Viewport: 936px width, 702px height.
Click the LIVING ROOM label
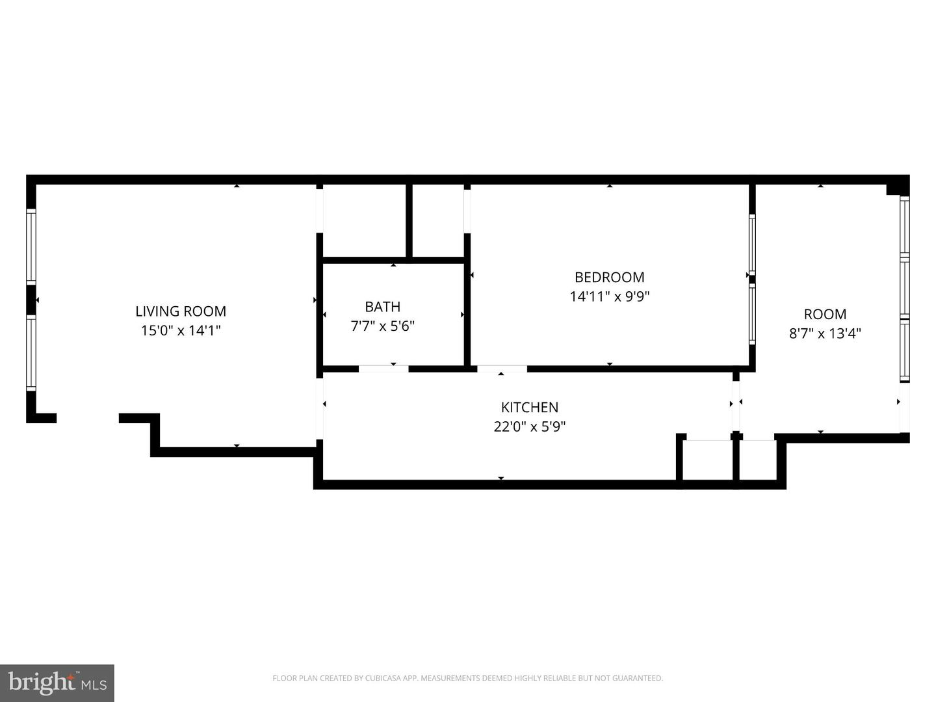[181, 311]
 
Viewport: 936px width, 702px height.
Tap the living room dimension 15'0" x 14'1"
[181, 331]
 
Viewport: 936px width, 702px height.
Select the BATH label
[382, 307]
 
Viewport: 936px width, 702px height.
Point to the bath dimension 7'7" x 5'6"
[382, 326]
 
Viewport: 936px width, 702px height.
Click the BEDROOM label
[609, 278]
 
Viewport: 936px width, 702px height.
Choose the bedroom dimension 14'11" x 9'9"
[609, 297]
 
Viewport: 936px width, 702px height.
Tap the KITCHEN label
[529, 408]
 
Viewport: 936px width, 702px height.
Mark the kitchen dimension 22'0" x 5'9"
[529, 427]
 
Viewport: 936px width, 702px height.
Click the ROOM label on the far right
[825, 315]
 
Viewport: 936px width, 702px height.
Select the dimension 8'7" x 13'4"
[825, 334]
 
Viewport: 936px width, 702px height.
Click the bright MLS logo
[57, 682]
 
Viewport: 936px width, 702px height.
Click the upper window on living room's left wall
[31, 246]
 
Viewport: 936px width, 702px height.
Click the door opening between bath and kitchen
[383, 369]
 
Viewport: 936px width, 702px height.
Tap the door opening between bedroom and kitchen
[502, 369]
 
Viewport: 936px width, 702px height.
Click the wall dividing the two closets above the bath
[409, 221]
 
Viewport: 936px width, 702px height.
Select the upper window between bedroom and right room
[752, 244]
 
